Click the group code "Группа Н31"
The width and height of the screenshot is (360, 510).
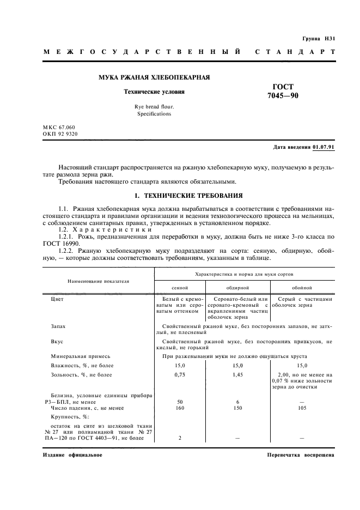[x=319, y=39]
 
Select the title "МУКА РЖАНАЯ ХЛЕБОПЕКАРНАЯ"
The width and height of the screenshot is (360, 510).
[x=154, y=78]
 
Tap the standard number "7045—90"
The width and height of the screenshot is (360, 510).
[x=283, y=96]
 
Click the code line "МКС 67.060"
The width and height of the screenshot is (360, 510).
[x=59, y=126]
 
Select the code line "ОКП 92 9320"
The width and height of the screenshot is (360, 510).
[x=60, y=133]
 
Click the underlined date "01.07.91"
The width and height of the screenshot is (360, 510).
[x=324, y=147]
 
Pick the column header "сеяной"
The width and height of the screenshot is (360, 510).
[x=180, y=287]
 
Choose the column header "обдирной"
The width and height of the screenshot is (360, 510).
[x=237, y=287]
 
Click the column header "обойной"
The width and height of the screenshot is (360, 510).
[x=301, y=287]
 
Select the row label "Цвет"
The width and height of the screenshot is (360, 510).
[x=57, y=299]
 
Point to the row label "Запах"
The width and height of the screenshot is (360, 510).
[x=58, y=326]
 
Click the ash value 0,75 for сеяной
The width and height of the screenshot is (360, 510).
[x=180, y=375]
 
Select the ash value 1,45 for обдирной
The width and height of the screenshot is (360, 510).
[x=237, y=375]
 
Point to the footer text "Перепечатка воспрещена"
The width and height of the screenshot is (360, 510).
[x=301, y=455]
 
